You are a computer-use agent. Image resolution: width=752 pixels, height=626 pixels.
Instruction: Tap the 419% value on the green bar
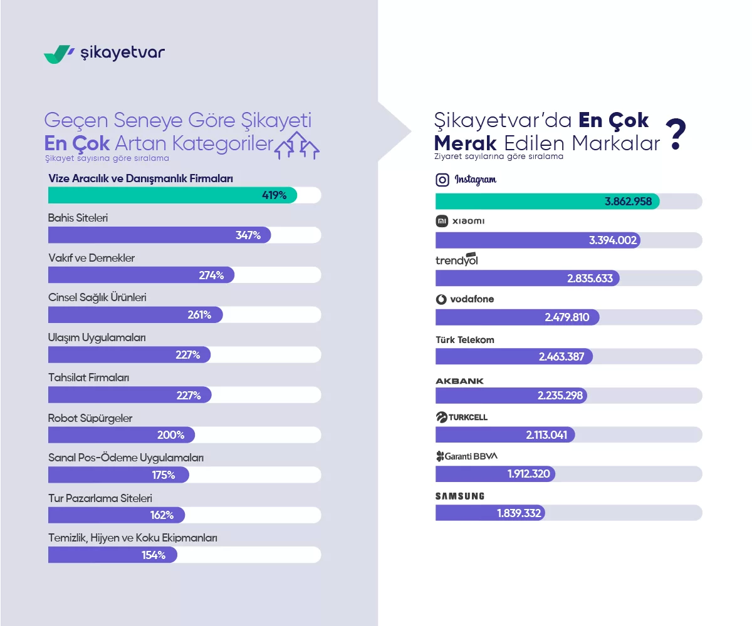point(274,195)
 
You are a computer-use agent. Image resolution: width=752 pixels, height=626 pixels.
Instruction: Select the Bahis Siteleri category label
point(78,218)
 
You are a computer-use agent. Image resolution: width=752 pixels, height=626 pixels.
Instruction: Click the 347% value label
point(248,235)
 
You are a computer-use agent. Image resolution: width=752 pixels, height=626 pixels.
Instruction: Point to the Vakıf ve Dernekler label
point(91,258)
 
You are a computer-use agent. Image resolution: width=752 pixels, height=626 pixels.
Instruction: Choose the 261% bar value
point(199,315)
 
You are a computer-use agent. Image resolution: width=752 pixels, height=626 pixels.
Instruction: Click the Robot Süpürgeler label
point(90,418)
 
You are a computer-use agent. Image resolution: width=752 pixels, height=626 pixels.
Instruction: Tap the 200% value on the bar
point(171,435)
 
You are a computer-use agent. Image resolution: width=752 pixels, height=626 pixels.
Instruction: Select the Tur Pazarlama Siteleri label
point(100,498)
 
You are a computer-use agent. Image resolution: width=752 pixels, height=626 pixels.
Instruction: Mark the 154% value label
point(154,555)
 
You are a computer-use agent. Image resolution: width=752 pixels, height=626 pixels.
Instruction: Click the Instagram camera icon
point(442,180)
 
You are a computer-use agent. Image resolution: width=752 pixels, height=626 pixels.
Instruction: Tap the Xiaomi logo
point(460,221)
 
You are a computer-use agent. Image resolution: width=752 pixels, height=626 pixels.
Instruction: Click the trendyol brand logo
point(456,260)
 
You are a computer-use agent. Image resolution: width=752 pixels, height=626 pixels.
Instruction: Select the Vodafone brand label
point(465,299)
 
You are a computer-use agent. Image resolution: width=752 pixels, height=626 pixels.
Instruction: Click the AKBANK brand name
point(459,381)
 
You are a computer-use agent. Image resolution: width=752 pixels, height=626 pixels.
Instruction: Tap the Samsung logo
point(460,496)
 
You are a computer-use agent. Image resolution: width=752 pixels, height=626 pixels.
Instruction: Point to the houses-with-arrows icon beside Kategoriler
point(298,145)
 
